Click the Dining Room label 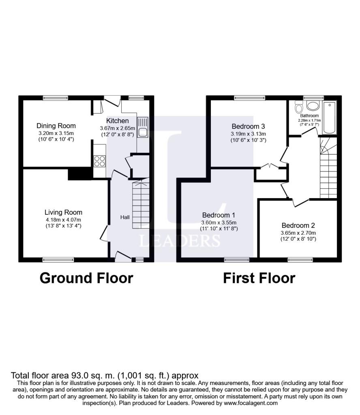click(56, 126)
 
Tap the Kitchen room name click(117, 121)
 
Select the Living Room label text click(63, 212)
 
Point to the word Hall click(125, 217)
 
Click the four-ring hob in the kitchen click(100, 161)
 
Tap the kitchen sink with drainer click(143, 127)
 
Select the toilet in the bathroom click(299, 107)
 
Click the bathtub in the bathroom click(330, 118)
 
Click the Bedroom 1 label click(219, 215)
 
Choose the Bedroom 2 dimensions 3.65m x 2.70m click(298, 233)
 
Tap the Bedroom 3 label click(248, 126)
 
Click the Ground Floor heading click(86, 278)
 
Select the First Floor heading click(259, 278)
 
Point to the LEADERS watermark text click(180, 241)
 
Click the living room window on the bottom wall click(58, 260)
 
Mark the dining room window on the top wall click(56, 98)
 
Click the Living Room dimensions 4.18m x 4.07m click(63, 220)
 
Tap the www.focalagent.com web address click(251, 403)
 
